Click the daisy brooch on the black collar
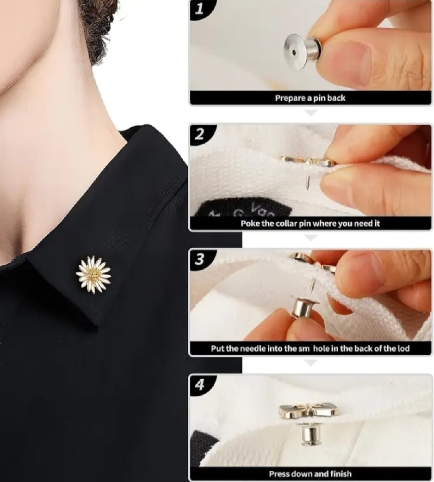click(x=93, y=275)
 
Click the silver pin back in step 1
click(x=302, y=52)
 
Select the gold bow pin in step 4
click(x=309, y=411)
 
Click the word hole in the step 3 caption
click(x=321, y=348)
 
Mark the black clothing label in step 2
click(x=244, y=209)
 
